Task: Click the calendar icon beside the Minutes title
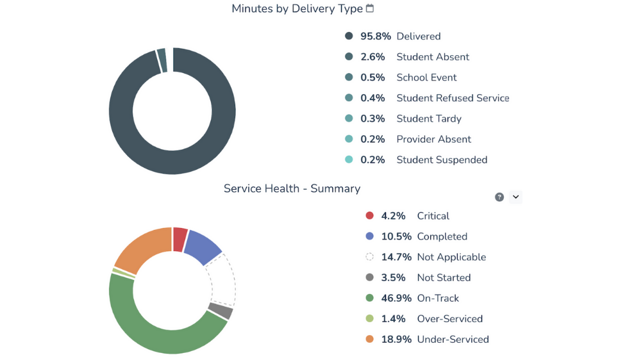[370, 8]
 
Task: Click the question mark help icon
[499, 197]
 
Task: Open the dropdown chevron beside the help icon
[515, 197]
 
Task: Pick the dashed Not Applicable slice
[222, 279]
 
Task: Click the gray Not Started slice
[220, 311]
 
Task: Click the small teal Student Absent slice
[162, 60]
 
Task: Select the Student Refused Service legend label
[453, 98]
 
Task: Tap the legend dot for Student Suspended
[349, 160]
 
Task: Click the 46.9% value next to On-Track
[396, 298]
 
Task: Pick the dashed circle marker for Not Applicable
[369, 257]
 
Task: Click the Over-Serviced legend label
[449, 318]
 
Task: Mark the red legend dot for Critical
[369, 216]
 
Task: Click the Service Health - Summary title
[292, 188]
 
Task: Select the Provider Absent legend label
[433, 139]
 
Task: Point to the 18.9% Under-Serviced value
[396, 339]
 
